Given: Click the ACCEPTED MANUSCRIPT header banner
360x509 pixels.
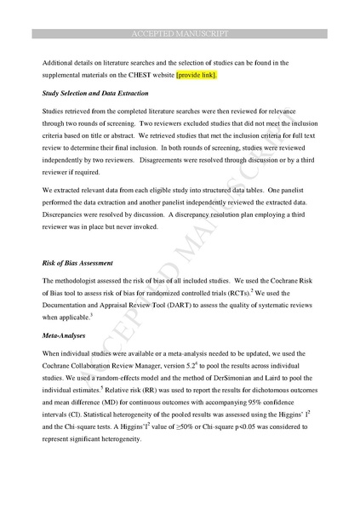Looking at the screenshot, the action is pyautogui.click(x=180, y=33).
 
